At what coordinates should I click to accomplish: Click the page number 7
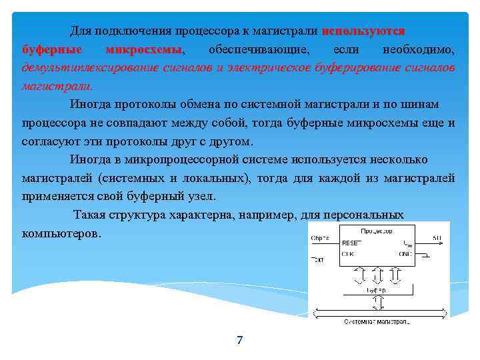pos(240,341)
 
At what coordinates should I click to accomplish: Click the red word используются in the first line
pos(363,31)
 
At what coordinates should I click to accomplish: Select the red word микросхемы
pos(145,50)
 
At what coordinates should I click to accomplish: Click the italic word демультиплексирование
pos(88,68)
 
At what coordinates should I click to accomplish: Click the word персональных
pos(363,215)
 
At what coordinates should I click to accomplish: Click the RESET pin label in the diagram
pos(351,243)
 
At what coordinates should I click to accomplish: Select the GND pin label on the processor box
pos(406,254)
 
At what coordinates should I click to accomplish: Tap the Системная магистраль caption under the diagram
pos(377,321)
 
